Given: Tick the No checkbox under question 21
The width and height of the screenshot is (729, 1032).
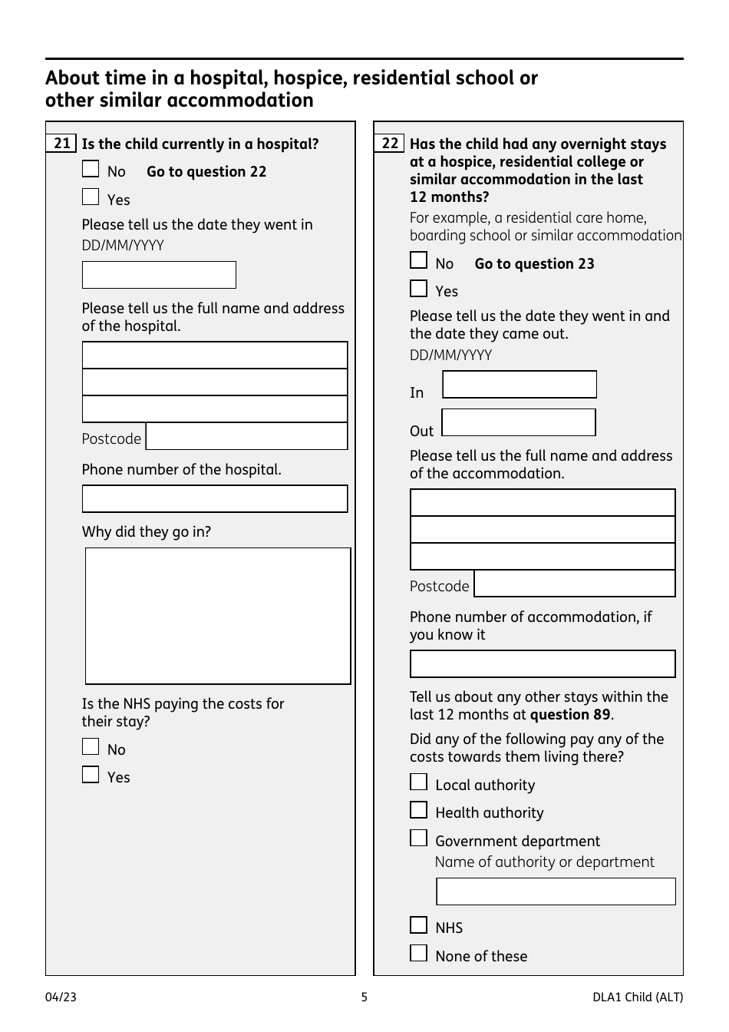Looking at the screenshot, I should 91,169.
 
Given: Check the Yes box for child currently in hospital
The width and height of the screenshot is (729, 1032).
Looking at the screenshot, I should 91,197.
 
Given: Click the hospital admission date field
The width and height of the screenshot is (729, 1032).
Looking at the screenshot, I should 159,275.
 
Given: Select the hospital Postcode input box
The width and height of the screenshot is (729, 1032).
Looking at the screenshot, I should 246,437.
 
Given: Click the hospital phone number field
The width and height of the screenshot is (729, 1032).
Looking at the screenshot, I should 215,499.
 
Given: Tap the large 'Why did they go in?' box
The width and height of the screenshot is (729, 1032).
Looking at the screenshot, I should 218,616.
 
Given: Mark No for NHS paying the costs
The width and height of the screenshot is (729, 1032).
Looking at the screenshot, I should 91,747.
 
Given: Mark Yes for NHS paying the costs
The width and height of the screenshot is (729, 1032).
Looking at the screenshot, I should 91,775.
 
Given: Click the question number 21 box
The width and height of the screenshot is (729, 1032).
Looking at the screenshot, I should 61,144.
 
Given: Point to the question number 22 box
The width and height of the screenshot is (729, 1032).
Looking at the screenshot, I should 390,144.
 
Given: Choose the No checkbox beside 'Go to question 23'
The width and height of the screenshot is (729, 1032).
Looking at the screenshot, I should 418,261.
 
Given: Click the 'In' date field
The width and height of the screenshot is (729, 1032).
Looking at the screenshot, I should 520,385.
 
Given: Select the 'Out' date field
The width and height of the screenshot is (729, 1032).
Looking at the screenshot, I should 519,423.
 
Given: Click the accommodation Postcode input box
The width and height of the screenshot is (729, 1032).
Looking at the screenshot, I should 575,584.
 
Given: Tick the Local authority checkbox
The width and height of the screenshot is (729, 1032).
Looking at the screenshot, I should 418,782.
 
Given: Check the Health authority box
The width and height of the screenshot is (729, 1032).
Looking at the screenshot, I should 418,810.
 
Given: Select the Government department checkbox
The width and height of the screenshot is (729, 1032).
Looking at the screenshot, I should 418,838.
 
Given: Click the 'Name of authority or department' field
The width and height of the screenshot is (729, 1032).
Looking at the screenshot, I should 556,891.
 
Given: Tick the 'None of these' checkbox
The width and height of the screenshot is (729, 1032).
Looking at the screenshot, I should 418,954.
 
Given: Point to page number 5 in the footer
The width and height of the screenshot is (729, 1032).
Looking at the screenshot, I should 364,997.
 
